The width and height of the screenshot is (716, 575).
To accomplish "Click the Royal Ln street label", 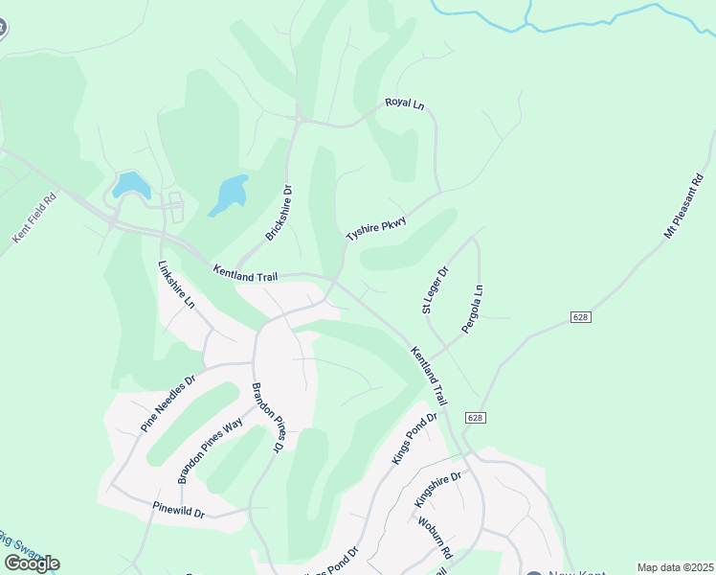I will point(404,103).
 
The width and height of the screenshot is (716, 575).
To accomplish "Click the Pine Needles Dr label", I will point(168,402).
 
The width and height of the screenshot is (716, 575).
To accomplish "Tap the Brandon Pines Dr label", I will point(268,418).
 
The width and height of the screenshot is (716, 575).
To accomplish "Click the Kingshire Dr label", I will point(438,490).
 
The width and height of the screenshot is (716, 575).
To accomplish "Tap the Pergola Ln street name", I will point(473,309).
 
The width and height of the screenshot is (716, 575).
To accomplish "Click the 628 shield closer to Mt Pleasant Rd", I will point(580,316).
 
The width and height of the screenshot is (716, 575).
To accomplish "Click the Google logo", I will point(32,563).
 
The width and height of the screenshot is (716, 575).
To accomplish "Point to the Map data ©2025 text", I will point(675,567).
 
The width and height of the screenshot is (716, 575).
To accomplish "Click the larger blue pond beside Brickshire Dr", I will point(229,195).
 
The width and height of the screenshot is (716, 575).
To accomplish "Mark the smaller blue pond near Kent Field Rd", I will point(130,183).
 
